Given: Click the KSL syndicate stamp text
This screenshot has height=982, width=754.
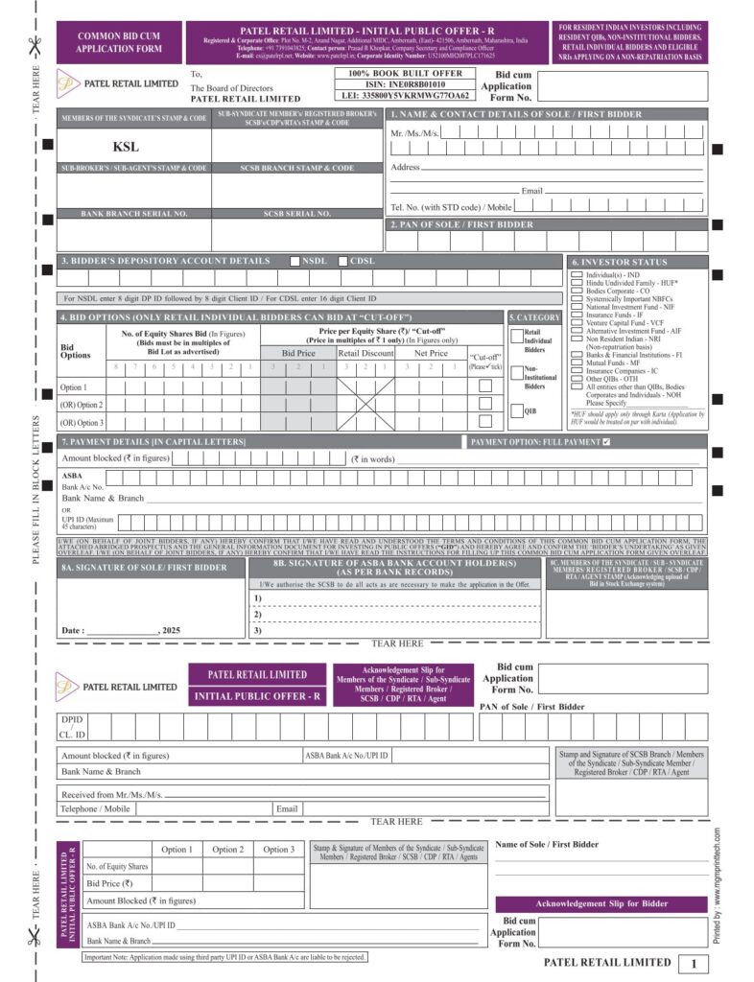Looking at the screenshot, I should tap(126, 147).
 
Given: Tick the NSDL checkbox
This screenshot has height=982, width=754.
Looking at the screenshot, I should tap(295, 261).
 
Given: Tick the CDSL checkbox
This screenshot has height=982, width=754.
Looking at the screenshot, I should tap(343, 261).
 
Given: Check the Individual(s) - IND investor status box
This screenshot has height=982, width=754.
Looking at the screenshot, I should tap(576, 275).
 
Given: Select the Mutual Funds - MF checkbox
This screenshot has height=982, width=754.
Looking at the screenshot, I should tap(576, 364).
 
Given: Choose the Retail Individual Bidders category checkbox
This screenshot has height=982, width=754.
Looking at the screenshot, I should tap(516, 337).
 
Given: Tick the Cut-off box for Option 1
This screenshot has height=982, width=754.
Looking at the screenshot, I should tap(485, 386).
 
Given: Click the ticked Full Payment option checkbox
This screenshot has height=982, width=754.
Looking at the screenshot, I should tap(605, 442).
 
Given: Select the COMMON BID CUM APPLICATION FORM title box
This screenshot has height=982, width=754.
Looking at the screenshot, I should tap(119, 41).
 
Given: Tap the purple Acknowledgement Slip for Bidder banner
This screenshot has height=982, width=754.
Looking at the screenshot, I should tap(601, 903).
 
